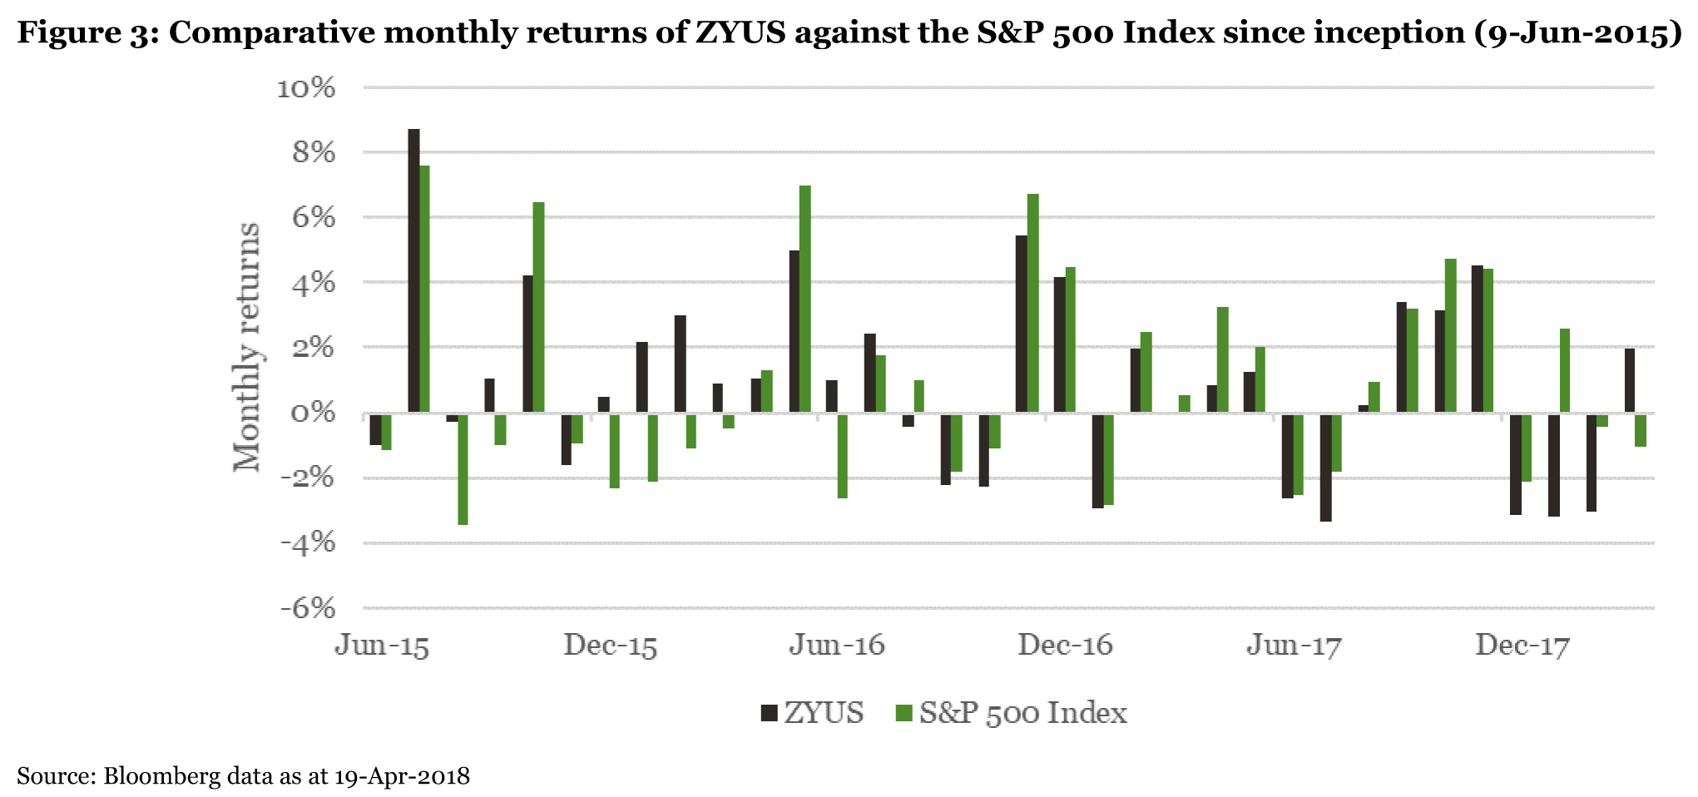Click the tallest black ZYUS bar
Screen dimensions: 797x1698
click(413, 270)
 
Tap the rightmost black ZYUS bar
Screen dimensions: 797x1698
click(1629, 381)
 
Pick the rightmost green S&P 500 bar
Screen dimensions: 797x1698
click(1640, 430)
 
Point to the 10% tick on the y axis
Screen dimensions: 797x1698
click(306, 87)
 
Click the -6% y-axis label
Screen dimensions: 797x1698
click(307, 608)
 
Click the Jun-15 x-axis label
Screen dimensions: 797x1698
click(382, 646)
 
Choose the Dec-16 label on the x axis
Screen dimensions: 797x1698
click(1066, 646)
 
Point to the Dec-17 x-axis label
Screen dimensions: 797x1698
click(1522, 646)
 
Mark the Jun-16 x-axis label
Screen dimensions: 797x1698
click(838, 646)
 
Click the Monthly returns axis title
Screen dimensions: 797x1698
click(247, 347)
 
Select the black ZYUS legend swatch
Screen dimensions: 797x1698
click(769, 713)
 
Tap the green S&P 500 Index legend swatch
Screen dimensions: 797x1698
click(903, 713)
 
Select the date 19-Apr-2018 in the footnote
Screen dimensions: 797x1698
click(402, 776)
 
